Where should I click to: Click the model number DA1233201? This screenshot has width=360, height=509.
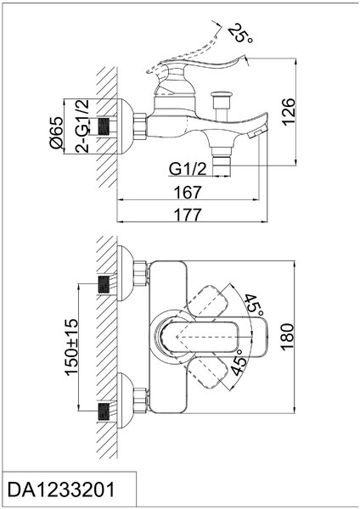tap(61, 489)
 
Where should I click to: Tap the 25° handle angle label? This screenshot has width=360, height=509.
tap(239, 34)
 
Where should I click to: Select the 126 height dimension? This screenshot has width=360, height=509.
tap(288, 112)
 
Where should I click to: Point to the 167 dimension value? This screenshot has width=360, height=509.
tap(188, 193)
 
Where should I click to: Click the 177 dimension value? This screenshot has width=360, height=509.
tap(188, 215)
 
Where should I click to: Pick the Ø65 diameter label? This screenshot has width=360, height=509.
tap(56, 132)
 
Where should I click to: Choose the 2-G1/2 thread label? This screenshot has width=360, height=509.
tap(82, 126)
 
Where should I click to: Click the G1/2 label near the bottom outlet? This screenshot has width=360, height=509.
tap(188, 169)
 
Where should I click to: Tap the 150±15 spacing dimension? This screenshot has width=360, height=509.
tap(71, 347)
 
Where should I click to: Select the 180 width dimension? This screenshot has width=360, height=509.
tap(287, 337)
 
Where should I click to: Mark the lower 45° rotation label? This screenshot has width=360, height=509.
tap(237, 362)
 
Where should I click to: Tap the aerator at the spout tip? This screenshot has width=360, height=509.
tap(258, 133)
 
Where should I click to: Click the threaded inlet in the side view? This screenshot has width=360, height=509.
tap(104, 126)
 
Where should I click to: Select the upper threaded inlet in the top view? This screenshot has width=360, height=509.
tap(104, 284)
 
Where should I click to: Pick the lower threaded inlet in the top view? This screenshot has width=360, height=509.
tap(104, 411)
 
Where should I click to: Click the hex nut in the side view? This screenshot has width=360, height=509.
tap(140, 126)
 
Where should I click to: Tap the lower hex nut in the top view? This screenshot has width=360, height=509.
tap(141, 400)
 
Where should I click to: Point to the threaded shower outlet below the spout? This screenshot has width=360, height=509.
tap(222, 166)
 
